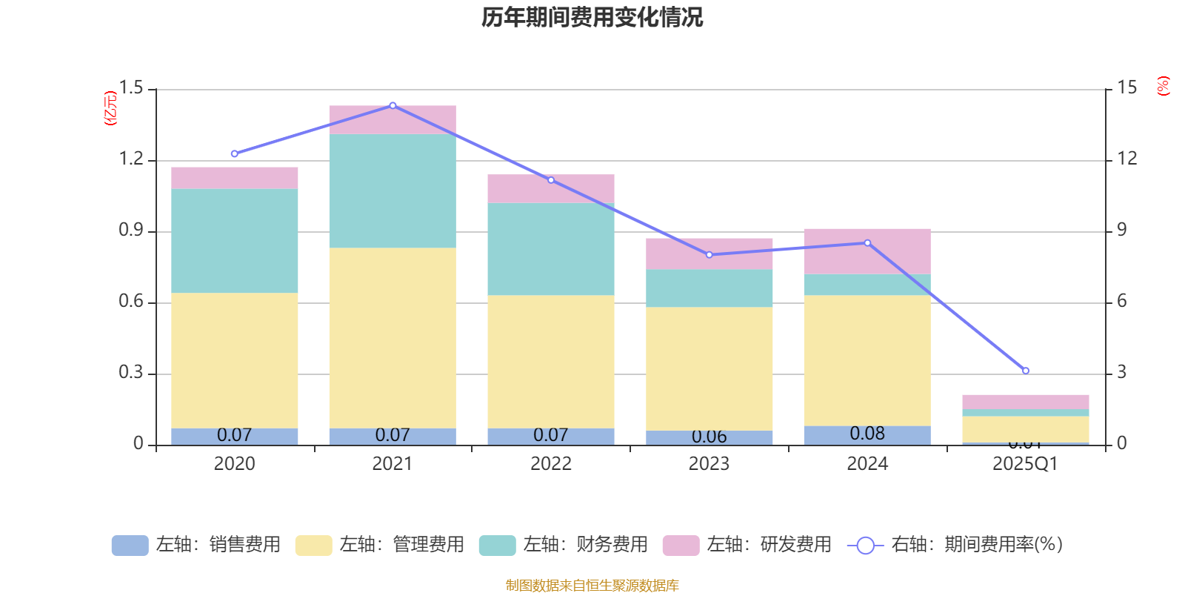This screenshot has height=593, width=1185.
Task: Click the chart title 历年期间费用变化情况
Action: click(592, 17)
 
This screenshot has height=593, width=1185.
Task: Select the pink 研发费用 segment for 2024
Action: click(867, 251)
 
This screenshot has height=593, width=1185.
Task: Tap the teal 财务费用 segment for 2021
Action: click(393, 191)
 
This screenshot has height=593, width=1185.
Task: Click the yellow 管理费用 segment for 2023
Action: click(710, 368)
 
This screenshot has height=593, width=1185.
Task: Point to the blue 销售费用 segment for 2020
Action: click(234, 437)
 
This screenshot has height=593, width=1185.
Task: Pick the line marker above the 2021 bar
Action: click(393, 105)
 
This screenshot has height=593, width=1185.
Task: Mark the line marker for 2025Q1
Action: click(1026, 371)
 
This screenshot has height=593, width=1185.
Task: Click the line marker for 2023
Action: click(710, 255)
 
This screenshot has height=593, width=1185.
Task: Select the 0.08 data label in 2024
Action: click(867, 434)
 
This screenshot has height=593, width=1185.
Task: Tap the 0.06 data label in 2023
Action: click(710, 437)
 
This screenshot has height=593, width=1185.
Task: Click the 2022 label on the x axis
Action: click(551, 464)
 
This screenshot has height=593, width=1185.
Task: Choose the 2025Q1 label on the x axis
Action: click(1025, 464)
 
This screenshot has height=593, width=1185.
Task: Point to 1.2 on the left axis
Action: click(131, 159)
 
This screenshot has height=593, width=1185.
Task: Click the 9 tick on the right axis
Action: click(1122, 230)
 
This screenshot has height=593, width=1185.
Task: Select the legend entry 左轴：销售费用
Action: click(196, 545)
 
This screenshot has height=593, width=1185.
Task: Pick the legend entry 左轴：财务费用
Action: click(564, 545)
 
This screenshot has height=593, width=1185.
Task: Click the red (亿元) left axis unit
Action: click(111, 108)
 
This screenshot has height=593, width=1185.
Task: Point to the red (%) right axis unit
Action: click(1163, 86)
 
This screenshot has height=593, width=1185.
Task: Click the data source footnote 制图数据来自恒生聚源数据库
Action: click(592, 586)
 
